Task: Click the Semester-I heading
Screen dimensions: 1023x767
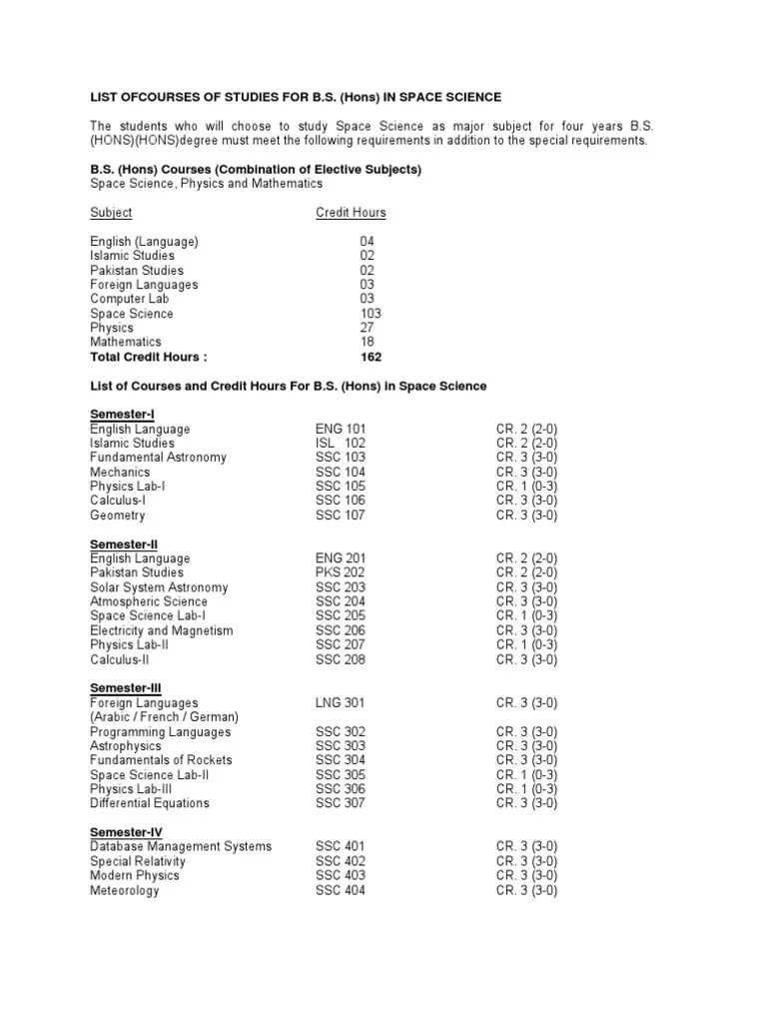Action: (122, 414)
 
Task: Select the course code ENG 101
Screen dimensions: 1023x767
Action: (341, 429)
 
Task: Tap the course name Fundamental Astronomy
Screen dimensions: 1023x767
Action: (158, 458)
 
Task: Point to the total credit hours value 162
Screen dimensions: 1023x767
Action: (371, 357)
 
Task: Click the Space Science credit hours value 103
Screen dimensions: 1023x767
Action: (371, 314)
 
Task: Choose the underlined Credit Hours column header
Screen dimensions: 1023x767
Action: (351, 213)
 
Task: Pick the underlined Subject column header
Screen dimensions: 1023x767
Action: (111, 213)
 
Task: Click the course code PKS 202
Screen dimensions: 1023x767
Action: (341, 572)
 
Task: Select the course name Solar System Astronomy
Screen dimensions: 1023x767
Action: (159, 587)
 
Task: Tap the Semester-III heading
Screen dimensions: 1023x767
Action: (126, 688)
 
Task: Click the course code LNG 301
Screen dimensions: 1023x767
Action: (341, 703)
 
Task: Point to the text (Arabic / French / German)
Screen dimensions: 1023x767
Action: (165, 717)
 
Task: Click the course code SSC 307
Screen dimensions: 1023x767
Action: (341, 803)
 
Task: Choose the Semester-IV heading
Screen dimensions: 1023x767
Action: (126, 832)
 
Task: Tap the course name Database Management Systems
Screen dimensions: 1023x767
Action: (181, 847)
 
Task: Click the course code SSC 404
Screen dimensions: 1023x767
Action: (341, 890)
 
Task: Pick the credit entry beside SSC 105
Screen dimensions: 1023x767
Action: (526, 487)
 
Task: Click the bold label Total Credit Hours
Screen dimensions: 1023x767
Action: (149, 357)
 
